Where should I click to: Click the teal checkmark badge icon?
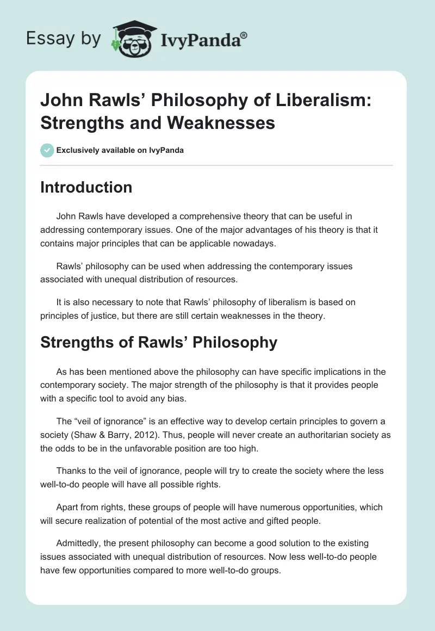[47, 150]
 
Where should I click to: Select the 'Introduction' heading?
[86, 187]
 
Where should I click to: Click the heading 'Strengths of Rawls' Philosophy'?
[159, 342]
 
